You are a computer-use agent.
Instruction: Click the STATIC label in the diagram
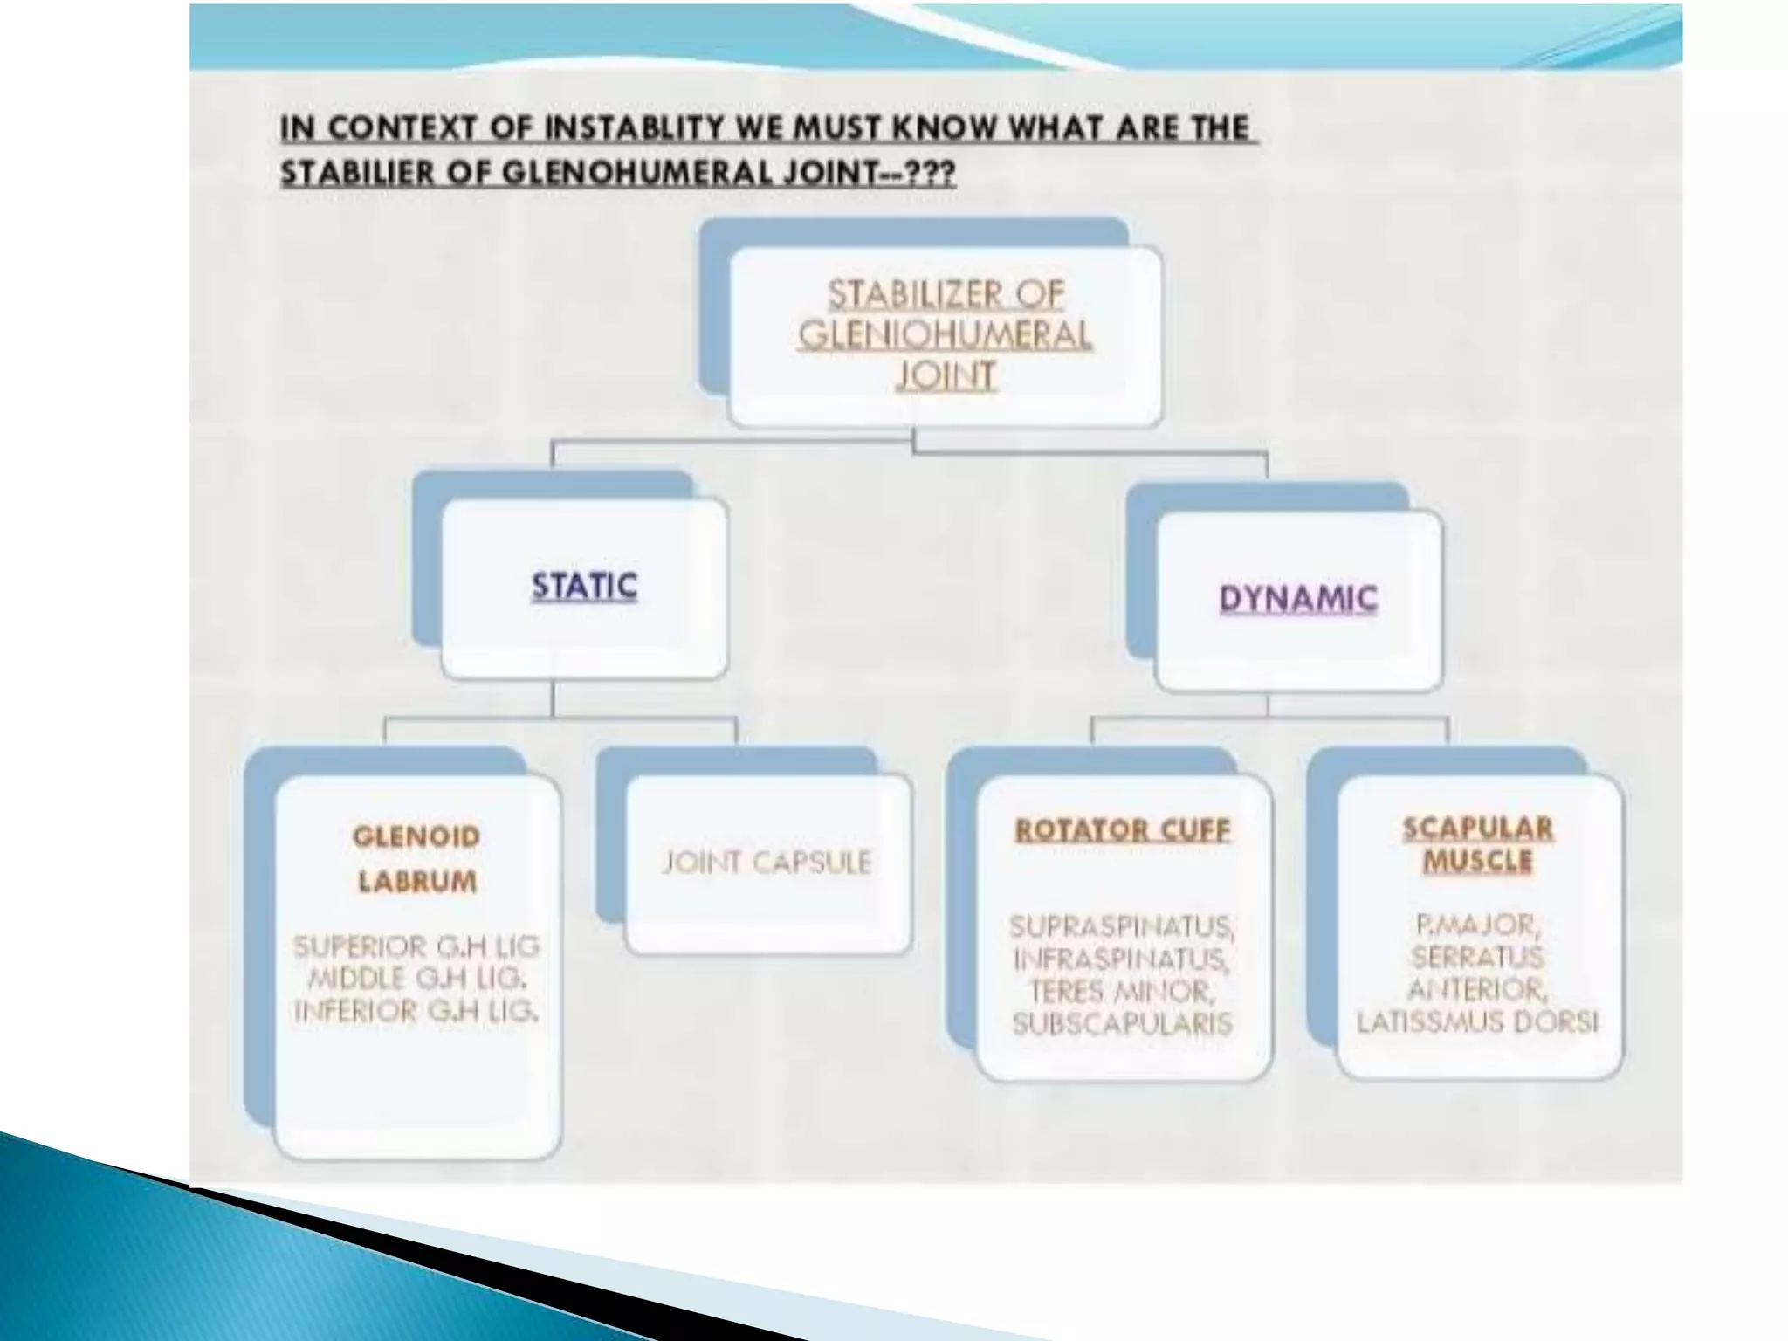584,586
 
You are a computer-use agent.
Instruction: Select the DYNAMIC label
1298,599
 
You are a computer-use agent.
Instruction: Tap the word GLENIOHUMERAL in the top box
945,335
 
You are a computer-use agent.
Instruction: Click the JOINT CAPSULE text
767,863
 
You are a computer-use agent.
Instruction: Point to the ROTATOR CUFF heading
1122,829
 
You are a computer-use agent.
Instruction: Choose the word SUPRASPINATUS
1122,925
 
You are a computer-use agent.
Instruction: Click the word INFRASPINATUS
1122,959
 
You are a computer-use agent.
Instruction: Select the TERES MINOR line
1122,992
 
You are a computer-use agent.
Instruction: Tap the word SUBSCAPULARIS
1122,1024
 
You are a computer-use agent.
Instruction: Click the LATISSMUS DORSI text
1477,1022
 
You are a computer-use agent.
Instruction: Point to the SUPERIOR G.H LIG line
416,946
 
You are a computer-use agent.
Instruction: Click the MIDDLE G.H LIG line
416,979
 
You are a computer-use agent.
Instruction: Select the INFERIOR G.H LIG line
416,1012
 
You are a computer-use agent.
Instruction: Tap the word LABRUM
417,882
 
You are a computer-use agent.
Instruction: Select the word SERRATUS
1477,957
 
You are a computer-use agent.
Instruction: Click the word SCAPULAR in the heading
1477,828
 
